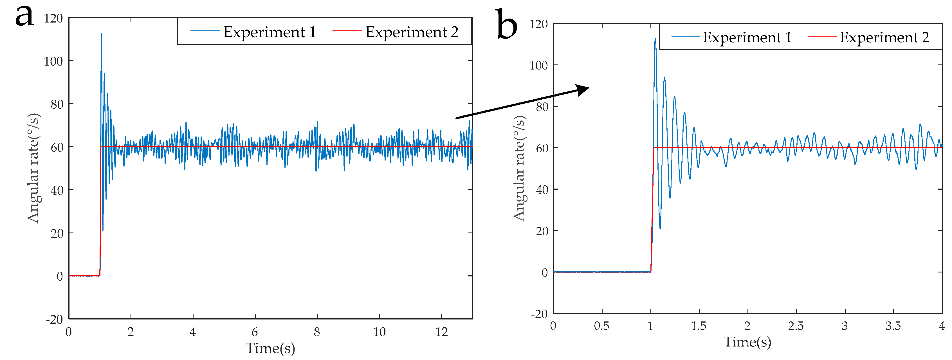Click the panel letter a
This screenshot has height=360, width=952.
click(24, 17)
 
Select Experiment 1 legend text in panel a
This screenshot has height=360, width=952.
click(270, 32)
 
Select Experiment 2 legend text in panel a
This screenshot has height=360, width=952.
click(412, 32)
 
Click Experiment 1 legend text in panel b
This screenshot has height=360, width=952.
click(747, 37)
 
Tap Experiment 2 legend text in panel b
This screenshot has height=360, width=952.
click(884, 37)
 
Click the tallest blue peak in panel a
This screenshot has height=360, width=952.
click(101, 34)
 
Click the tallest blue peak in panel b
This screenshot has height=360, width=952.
click(655, 39)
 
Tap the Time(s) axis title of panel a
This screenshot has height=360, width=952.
click(270, 348)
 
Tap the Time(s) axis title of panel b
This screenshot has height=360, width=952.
click(747, 342)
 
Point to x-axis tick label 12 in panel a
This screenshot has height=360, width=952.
click(441, 332)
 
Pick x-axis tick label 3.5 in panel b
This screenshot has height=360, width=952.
click(893, 326)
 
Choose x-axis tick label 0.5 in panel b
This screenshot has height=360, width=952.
click(601, 326)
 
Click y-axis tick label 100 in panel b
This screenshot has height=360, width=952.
click(538, 65)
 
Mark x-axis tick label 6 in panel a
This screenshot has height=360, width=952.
click(255, 332)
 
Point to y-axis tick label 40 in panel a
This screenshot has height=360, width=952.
click(57, 190)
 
